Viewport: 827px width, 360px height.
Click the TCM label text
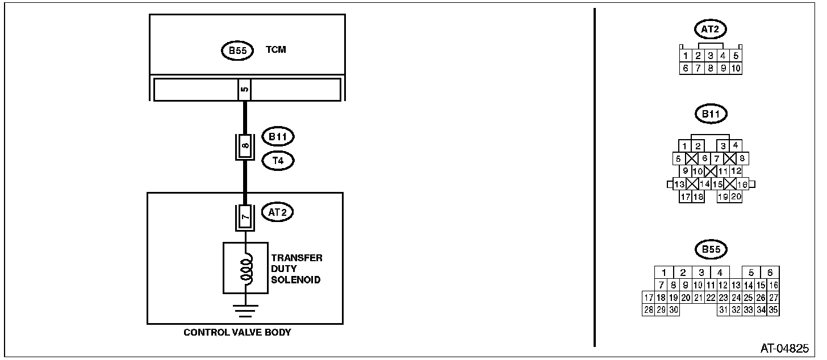[276, 49]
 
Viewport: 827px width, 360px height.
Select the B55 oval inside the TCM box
[237, 51]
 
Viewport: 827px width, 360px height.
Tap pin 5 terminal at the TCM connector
[244, 90]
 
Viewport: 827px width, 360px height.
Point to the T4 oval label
[278, 161]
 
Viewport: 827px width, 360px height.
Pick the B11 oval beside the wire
[278, 137]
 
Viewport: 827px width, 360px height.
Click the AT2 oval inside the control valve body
[277, 212]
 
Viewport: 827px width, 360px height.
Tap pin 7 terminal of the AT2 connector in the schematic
[245, 217]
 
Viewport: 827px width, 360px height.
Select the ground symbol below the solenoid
[245, 311]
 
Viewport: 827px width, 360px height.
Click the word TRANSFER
[297, 258]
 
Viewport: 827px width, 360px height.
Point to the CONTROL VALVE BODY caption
[237, 332]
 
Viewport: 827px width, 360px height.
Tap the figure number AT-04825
[784, 348]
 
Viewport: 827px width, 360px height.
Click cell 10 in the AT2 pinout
[736, 68]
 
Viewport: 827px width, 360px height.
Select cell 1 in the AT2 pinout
[686, 56]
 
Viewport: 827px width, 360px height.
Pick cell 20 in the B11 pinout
[736, 197]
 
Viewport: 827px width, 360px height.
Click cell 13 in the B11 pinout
[679, 184]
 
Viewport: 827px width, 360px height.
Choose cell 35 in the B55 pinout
[773, 310]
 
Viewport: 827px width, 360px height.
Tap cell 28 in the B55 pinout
[649, 310]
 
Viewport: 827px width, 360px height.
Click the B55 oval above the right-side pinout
[711, 249]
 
